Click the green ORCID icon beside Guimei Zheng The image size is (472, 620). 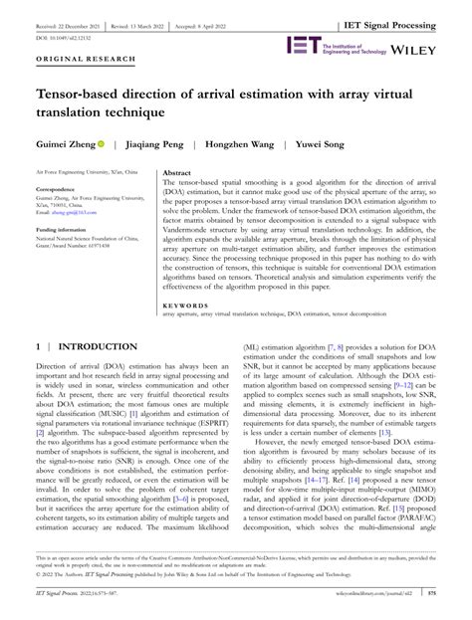101,145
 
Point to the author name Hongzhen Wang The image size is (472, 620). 249,145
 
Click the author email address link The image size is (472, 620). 79,212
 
